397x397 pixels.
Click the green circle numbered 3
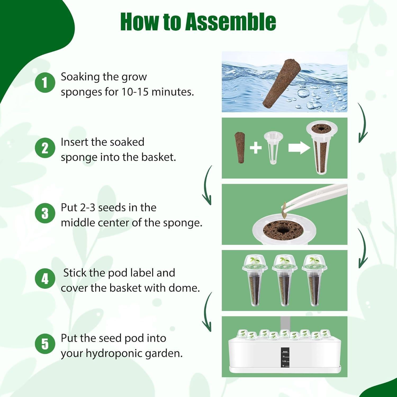[x=45, y=213]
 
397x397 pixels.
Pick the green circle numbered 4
[x=45, y=279]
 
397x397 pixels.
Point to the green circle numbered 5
[x=45, y=344]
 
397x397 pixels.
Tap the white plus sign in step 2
[x=255, y=148]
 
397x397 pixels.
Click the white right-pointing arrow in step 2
[x=299, y=148]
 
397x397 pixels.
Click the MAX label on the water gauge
[x=285, y=352]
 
